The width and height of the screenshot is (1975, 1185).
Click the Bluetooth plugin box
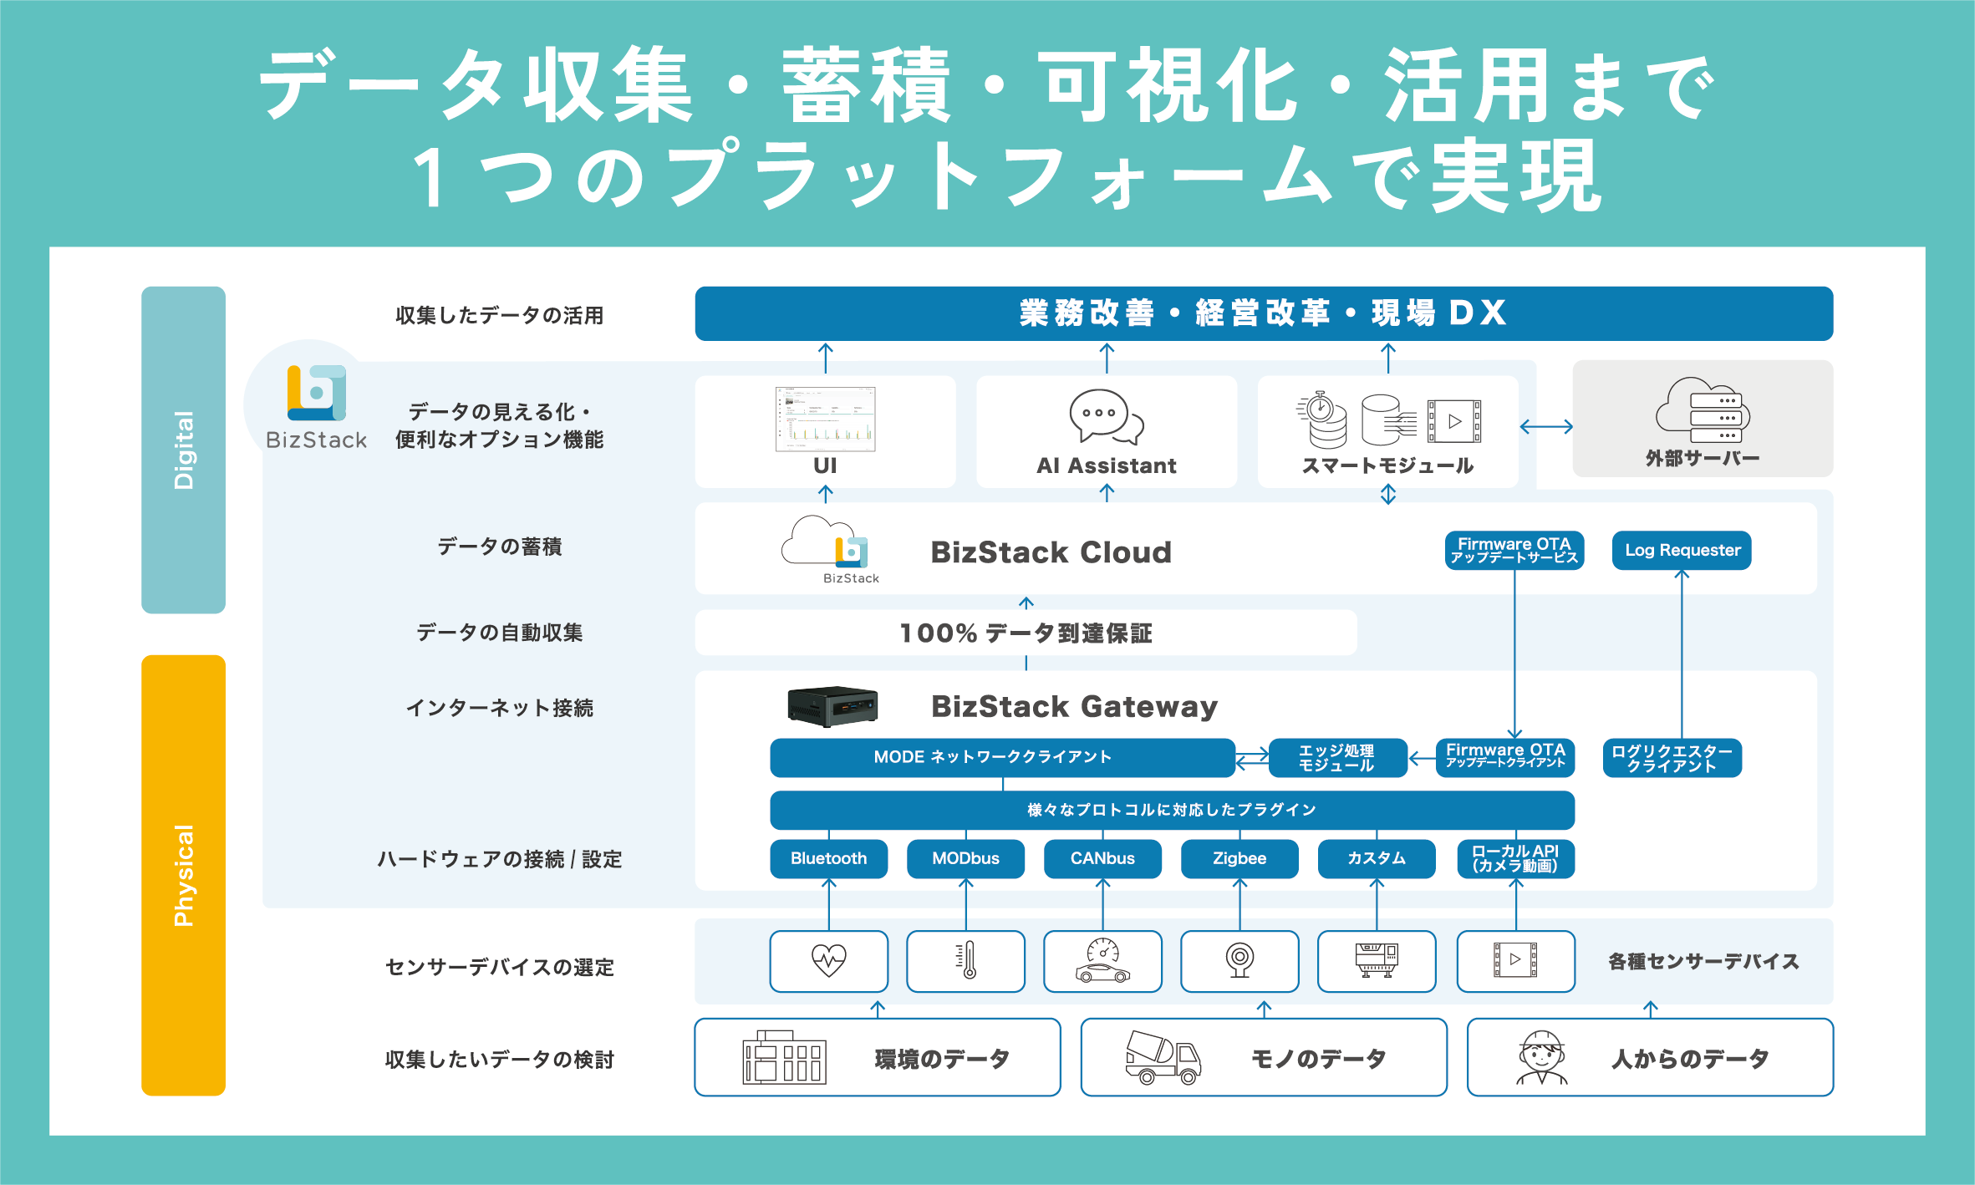click(x=828, y=858)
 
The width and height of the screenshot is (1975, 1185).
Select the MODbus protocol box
click(x=965, y=858)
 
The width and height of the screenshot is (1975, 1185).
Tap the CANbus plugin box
click(x=1102, y=858)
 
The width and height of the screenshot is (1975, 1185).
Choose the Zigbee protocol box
click(x=1239, y=858)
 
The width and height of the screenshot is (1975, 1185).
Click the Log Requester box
click(x=1682, y=550)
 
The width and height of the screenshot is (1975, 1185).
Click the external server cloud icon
click(x=1703, y=410)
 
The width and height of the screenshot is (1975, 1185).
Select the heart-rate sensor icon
click(x=828, y=960)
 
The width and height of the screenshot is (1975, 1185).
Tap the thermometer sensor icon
click(x=967, y=960)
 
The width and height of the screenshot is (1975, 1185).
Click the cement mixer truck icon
click(x=1163, y=1057)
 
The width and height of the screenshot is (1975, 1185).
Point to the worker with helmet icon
click(x=1541, y=1057)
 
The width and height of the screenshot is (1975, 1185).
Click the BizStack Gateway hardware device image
click(x=832, y=706)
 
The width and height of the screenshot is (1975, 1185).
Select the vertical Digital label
click(x=183, y=450)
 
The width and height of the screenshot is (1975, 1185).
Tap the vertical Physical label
click(x=183, y=875)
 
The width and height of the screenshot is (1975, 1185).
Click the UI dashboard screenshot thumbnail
click(x=825, y=419)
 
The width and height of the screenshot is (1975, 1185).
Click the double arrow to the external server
click(x=1545, y=427)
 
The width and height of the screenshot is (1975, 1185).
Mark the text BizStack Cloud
click(x=1051, y=552)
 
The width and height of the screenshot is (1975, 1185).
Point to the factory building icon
click(x=784, y=1057)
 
